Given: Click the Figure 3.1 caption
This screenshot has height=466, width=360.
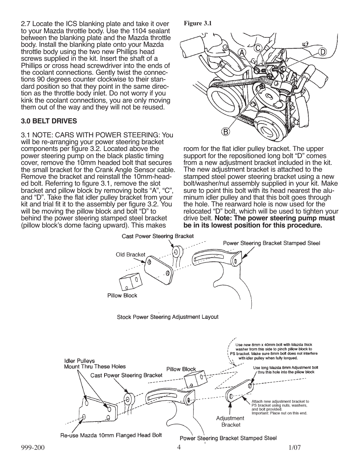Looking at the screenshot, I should tap(197, 23).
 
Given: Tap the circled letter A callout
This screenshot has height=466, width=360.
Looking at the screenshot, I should tap(241, 54).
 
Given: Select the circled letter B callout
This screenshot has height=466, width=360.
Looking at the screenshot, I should tap(225, 132).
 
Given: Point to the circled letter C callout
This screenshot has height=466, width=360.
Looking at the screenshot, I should tap(258, 48).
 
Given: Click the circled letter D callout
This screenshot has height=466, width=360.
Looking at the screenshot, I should tap(322, 52).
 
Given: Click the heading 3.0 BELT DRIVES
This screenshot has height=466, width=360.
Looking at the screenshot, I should tap(49, 121).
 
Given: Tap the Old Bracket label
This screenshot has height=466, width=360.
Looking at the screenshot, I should tap(130, 255).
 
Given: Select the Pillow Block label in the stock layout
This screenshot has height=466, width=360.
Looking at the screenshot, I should tap(122, 295).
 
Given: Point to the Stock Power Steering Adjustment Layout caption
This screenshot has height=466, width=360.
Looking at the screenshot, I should tap(168, 317).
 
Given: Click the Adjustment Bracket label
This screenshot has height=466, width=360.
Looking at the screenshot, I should tap(230, 421).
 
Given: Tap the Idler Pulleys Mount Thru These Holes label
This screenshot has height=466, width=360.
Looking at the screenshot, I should tap(94, 364).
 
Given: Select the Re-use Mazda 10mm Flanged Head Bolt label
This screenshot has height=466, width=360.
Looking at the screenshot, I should tap(111, 435).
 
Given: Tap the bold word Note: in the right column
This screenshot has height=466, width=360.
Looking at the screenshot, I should tap(228, 218).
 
